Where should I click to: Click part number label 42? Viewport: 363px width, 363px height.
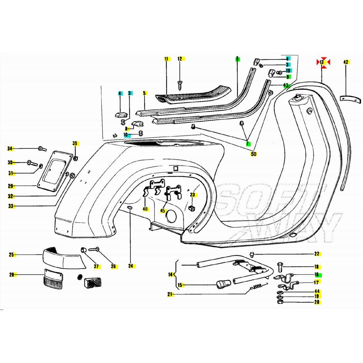346,62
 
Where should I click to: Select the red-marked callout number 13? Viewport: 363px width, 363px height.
322,62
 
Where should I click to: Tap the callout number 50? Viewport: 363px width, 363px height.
253,154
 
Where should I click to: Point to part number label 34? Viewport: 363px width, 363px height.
10,149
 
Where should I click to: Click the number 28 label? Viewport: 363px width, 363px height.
11,275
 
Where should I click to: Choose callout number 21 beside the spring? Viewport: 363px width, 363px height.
170,294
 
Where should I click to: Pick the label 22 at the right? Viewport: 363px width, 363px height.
317,254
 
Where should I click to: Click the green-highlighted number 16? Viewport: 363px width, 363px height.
317,275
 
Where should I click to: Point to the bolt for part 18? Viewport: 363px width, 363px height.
280,267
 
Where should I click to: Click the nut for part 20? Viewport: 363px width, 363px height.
280,302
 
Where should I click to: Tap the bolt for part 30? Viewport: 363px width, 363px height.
33,163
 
